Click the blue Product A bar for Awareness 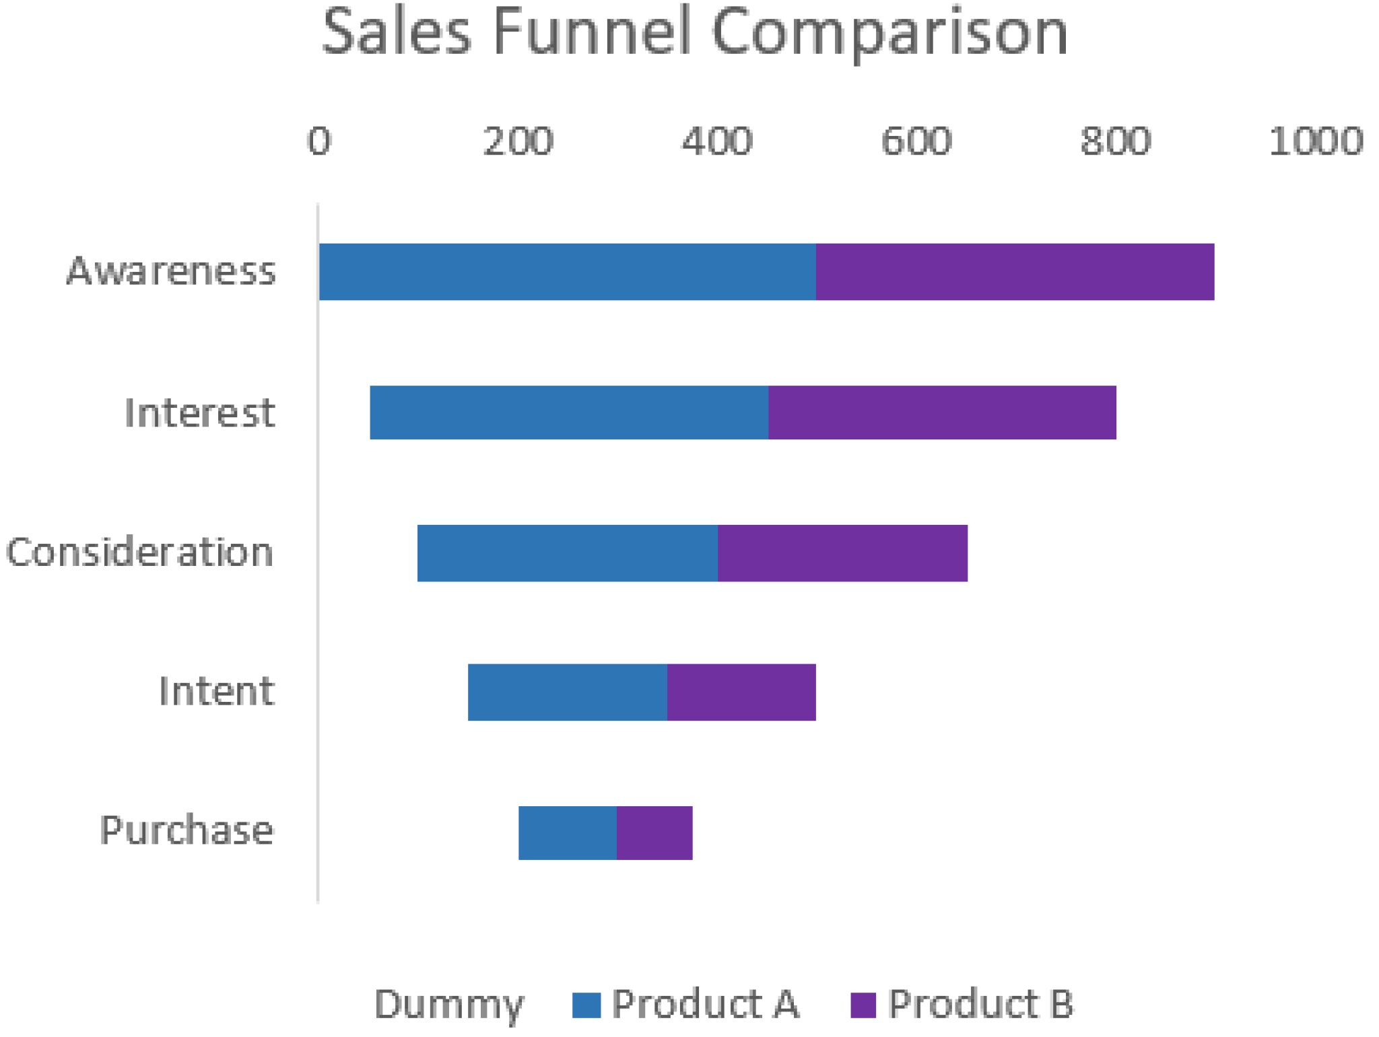tap(567, 272)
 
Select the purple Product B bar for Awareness tap(1015, 272)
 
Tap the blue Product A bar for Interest tap(569, 413)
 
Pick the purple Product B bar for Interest tap(942, 413)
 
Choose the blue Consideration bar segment tap(567, 553)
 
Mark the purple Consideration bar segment tap(842, 553)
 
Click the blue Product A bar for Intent tap(567, 692)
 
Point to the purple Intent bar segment tap(741, 692)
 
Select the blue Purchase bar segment tap(567, 833)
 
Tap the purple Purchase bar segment tap(654, 833)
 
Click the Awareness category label tap(171, 271)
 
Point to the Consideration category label tap(139, 552)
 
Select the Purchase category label tap(187, 830)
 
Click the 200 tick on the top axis tap(518, 141)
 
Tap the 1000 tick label tap(1316, 141)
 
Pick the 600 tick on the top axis tap(916, 141)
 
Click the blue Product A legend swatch tap(586, 1005)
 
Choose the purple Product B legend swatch tap(863, 1005)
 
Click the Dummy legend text tap(448, 1005)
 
